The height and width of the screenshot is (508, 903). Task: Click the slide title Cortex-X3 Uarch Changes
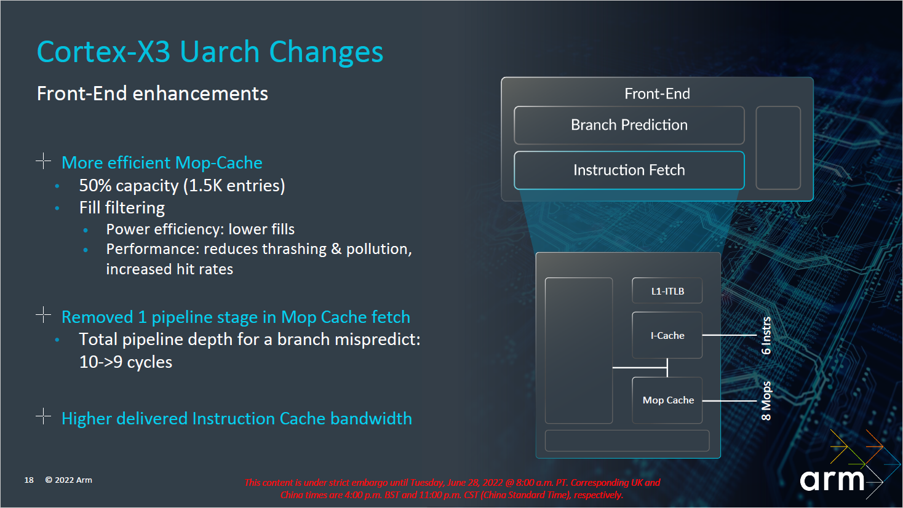tap(210, 52)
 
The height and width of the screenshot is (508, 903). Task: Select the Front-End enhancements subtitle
tap(152, 93)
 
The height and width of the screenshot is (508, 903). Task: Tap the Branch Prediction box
tap(629, 125)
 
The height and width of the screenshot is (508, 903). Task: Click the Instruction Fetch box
tap(629, 170)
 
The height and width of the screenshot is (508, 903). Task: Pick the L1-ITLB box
tap(667, 291)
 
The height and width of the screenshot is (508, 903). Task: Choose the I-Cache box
tap(667, 335)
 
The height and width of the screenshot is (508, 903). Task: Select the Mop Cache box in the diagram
tap(667, 400)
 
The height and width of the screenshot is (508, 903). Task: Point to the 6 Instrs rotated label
tap(766, 335)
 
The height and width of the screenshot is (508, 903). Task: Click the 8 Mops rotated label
tap(766, 401)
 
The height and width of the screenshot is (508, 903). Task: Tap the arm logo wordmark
tap(832, 480)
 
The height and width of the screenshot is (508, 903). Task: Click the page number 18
tap(29, 480)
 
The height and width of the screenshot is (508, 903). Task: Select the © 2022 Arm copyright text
tap(68, 480)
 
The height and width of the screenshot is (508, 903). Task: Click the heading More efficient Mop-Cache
tap(162, 163)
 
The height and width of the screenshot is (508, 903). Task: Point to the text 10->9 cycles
tap(125, 362)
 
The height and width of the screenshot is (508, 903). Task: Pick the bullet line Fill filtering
tap(122, 208)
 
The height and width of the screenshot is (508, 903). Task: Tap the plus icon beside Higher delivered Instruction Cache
tap(43, 416)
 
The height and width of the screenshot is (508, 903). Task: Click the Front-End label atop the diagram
tap(657, 93)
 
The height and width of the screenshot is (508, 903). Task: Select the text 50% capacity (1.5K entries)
tap(181, 186)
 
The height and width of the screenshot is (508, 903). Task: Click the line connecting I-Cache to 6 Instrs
tap(729, 335)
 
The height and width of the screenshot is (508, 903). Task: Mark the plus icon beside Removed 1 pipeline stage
tap(43, 315)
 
